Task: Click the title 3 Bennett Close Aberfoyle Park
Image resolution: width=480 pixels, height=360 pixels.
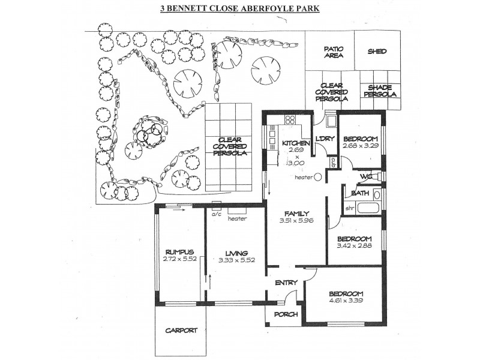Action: coord(240,10)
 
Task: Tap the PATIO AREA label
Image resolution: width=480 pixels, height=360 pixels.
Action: coord(333,52)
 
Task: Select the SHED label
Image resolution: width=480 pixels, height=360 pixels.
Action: coord(377,52)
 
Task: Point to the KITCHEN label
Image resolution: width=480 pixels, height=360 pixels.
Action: coord(296,143)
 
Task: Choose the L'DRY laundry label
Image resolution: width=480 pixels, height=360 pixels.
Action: coord(325,139)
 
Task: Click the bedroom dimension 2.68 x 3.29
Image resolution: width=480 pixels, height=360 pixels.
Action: coord(361,146)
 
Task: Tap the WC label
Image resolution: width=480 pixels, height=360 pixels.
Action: coord(367,176)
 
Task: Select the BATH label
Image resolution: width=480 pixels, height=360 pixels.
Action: coord(360,193)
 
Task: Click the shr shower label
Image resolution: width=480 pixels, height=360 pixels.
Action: coord(350,208)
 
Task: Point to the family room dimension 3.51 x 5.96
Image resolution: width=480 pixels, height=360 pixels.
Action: coord(296,221)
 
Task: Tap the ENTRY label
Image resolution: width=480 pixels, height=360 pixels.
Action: coord(286,283)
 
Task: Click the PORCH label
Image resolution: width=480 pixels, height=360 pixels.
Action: coord(286,314)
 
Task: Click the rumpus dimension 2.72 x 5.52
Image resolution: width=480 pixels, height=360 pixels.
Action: coord(179,259)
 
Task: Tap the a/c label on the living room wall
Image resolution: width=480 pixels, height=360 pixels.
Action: coord(216,212)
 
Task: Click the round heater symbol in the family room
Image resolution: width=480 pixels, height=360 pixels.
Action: coord(317,178)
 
